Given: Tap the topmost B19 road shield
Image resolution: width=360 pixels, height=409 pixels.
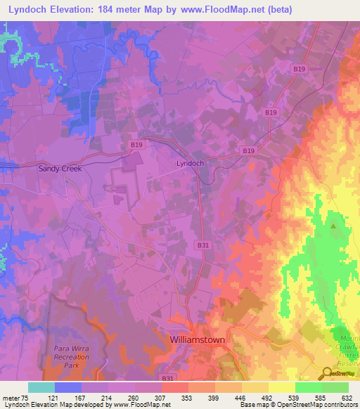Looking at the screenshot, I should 299,69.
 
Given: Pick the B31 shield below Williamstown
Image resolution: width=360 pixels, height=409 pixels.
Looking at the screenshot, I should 168,379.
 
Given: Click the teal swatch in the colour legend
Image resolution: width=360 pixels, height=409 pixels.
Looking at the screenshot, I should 41,387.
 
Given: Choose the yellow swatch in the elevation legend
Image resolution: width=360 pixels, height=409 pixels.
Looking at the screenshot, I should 281,387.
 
